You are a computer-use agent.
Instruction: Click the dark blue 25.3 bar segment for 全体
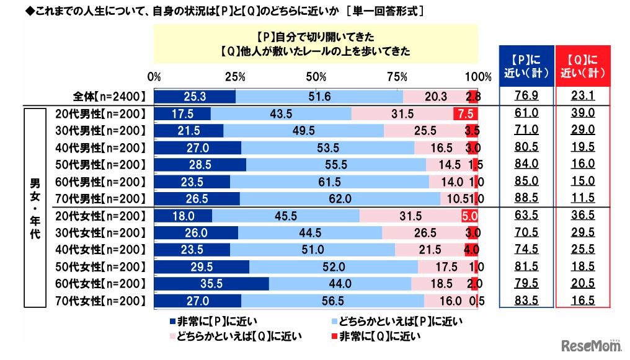click(195, 96)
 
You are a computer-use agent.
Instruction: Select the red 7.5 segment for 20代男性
click(465, 113)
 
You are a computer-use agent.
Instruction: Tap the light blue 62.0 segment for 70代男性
click(340, 198)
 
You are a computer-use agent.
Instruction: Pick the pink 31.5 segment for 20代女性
click(410, 216)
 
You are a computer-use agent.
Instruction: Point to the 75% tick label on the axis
click(397, 77)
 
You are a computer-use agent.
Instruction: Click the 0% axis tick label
click(154, 77)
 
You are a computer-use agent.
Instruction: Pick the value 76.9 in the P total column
click(526, 95)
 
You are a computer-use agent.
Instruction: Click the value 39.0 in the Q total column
click(583, 113)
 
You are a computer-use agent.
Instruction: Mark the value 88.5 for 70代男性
click(526, 198)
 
